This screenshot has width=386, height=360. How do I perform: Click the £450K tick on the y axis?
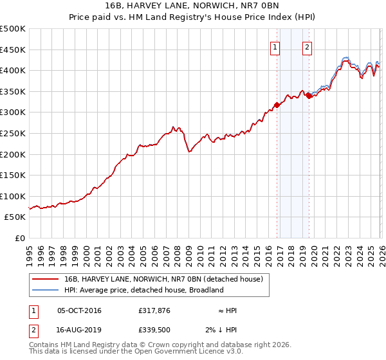point(13,50)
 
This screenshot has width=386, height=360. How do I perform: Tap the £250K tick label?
point(13,133)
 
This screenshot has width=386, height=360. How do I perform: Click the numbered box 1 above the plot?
point(275,47)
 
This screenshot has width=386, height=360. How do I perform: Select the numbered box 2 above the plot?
point(308,47)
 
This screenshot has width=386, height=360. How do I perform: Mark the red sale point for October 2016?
point(277,105)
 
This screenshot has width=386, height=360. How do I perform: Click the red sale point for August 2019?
point(309,96)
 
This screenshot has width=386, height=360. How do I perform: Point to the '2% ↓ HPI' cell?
point(235,331)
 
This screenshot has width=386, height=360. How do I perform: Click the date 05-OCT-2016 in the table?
point(79,310)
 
